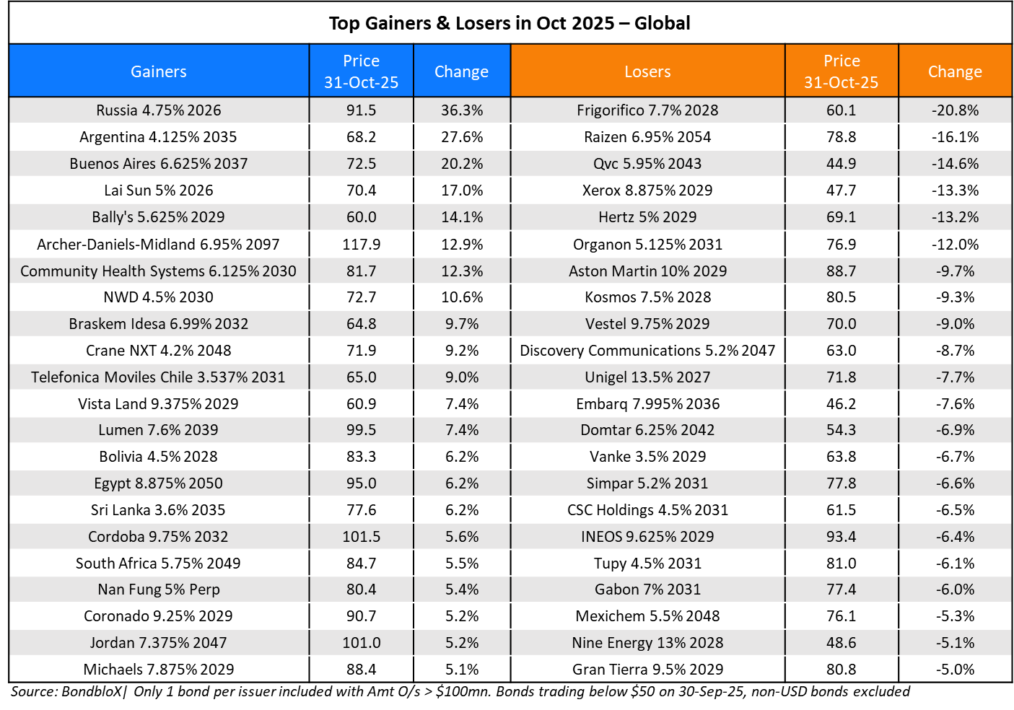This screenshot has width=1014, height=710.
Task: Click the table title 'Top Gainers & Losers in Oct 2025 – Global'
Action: (x=510, y=23)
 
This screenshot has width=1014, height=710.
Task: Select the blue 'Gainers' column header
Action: (x=159, y=71)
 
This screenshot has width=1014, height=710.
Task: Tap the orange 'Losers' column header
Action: (x=647, y=71)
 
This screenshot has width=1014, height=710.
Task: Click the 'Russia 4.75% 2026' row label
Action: (x=159, y=110)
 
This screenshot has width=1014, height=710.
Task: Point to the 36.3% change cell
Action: (x=462, y=110)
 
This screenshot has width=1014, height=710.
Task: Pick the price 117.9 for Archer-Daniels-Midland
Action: (x=361, y=245)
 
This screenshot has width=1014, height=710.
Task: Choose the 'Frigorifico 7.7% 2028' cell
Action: (x=647, y=110)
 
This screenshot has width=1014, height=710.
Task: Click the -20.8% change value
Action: (x=955, y=110)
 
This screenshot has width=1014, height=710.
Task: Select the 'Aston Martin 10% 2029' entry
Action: (x=647, y=271)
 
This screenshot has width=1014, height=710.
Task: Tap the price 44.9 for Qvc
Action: (x=841, y=164)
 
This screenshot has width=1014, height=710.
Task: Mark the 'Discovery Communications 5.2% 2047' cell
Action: (x=647, y=351)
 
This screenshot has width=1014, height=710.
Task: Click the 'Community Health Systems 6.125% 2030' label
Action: (x=159, y=271)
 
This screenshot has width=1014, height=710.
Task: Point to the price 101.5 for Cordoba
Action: (x=361, y=537)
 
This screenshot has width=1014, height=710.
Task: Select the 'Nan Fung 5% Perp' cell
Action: (x=159, y=590)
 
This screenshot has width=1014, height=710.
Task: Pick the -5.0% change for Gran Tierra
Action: (x=955, y=670)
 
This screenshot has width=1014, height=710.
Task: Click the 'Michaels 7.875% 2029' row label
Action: (x=159, y=670)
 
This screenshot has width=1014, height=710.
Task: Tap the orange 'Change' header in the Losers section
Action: (x=955, y=71)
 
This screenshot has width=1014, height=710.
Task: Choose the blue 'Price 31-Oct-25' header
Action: (x=361, y=71)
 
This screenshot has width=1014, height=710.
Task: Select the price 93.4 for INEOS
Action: (x=841, y=537)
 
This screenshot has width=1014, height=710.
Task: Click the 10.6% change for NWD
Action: (x=462, y=297)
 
